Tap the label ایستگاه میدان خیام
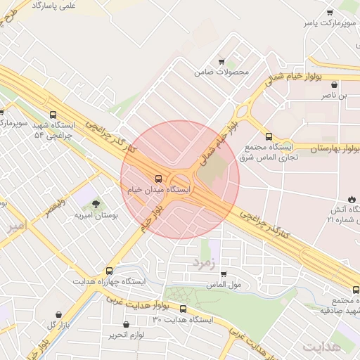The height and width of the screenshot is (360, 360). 159,191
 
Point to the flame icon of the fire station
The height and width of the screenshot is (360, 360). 352,200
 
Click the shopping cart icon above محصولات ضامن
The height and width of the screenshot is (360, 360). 221,61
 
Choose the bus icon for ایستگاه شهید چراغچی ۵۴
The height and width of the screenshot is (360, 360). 53,115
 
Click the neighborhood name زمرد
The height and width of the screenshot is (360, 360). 205,262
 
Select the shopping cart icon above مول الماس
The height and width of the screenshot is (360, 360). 224,274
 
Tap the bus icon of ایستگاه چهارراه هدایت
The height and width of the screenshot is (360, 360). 109,271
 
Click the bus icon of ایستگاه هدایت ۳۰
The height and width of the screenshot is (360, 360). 183,309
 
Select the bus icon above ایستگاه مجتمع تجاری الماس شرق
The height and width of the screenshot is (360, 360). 268,136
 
